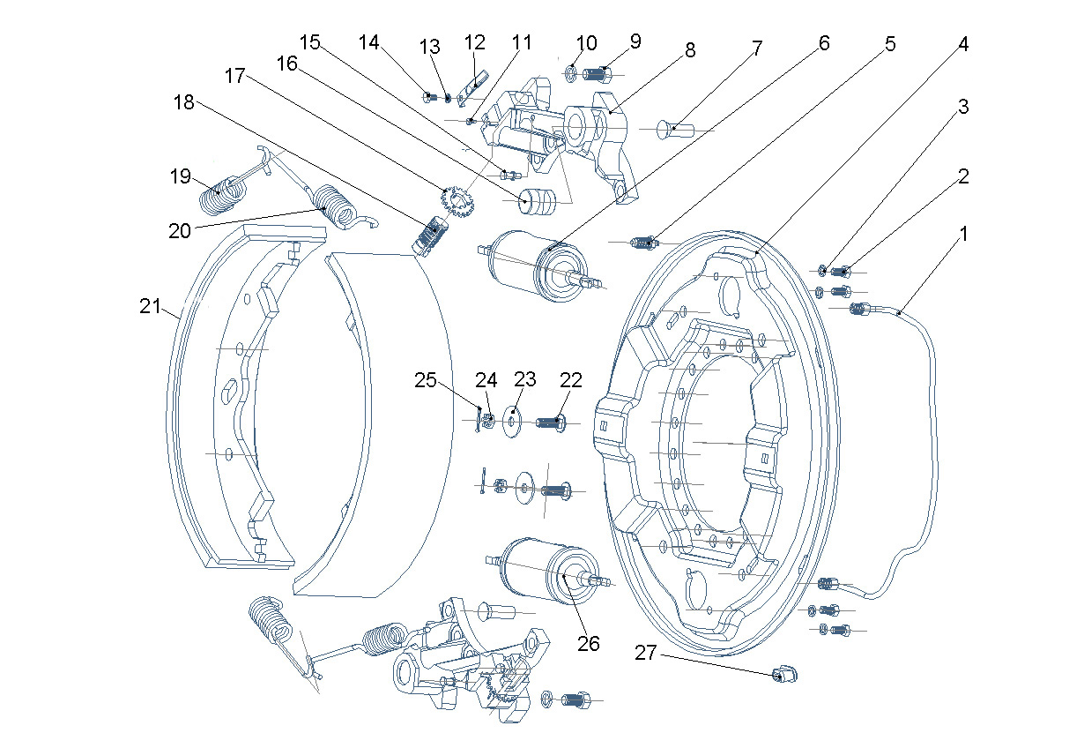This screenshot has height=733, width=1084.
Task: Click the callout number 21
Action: [x=150, y=306]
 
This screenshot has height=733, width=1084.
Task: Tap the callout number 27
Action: [x=646, y=653]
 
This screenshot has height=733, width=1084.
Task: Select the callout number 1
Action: [x=963, y=234]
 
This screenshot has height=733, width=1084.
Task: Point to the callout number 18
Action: [x=184, y=102]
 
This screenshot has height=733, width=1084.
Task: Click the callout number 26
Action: [x=589, y=643]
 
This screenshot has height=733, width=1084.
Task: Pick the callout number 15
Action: [x=309, y=42]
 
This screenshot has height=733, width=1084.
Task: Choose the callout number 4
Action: [x=963, y=44]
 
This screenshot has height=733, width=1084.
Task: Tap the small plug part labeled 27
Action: [x=785, y=674]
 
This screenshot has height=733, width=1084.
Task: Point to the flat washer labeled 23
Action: [x=512, y=421]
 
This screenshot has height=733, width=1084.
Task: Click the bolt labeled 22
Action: [x=552, y=423]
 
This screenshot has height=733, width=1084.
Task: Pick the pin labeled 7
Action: [x=676, y=130]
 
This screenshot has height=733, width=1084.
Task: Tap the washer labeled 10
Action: [x=571, y=73]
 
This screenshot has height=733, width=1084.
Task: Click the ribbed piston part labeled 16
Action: [x=538, y=199]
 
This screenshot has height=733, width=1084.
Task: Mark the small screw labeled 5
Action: [x=644, y=243]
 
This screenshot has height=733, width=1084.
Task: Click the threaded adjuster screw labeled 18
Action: [x=431, y=236]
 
